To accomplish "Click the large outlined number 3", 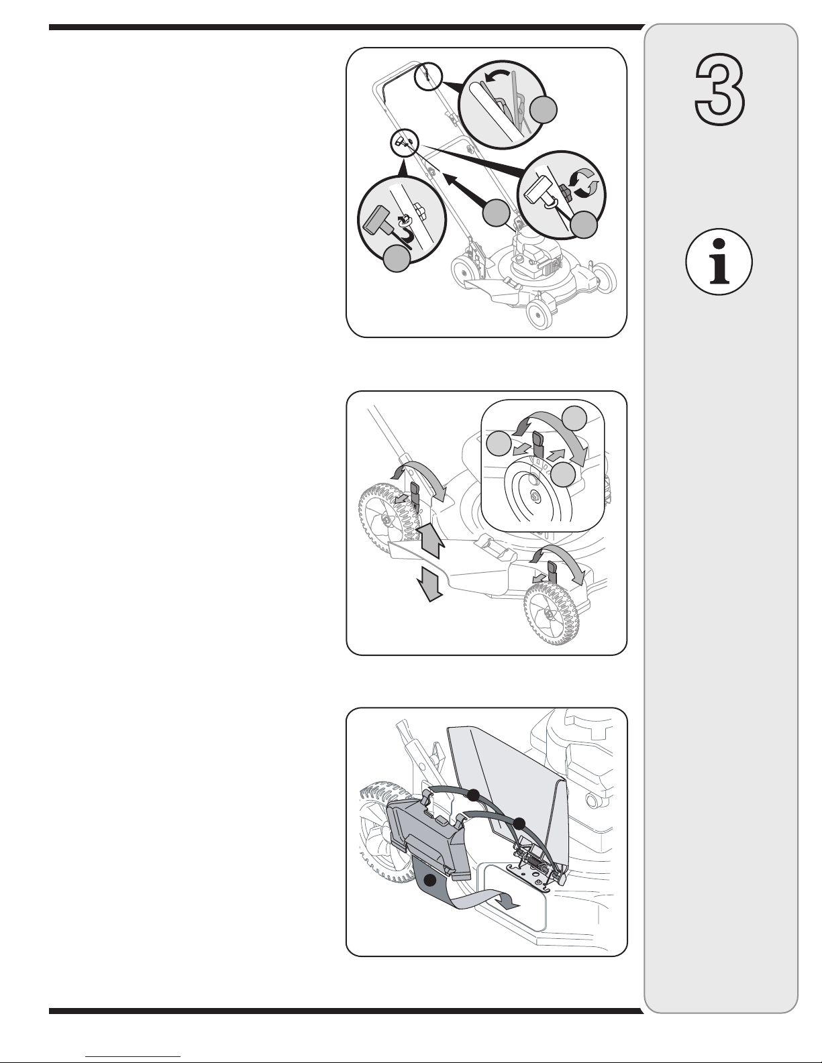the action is [x=720, y=89].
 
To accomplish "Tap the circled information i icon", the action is [x=719, y=262].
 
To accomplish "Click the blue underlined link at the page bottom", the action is [x=133, y=1057].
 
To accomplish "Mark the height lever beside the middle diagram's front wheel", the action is [x=553, y=571].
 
